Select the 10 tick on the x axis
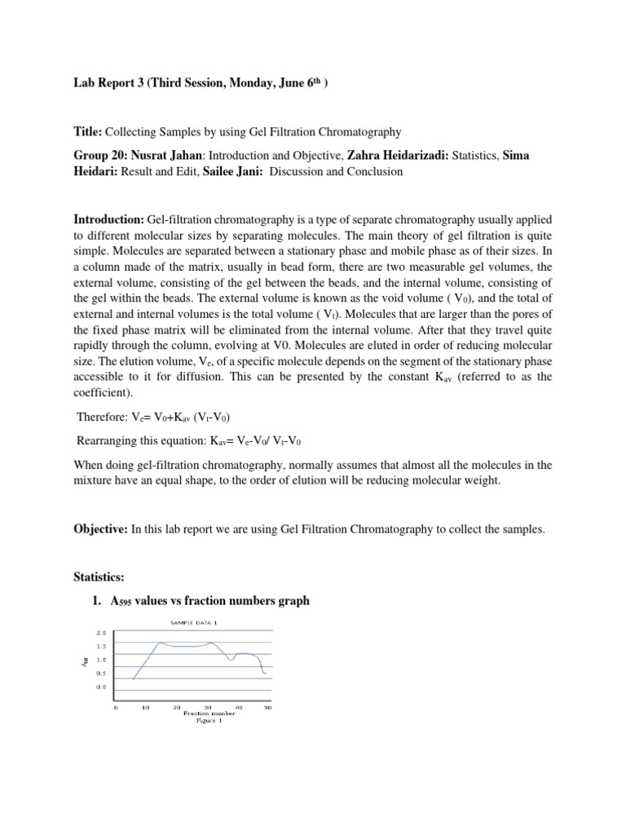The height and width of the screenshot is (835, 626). coord(146,707)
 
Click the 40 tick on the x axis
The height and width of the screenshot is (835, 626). coord(238,707)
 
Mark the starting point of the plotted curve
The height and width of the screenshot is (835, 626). coord(132,678)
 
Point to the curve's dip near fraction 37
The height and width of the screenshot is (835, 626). coord(231,660)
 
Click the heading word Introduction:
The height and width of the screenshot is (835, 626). coord(108,220)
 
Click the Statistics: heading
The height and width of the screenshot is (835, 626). coord(99,577)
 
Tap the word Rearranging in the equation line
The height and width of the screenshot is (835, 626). coord(109,442)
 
